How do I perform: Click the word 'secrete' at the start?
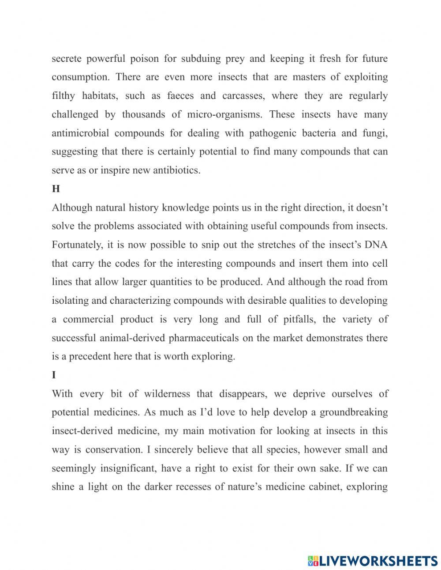(x=66, y=58)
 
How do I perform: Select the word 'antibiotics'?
(x=176, y=170)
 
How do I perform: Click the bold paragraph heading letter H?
(x=56, y=189)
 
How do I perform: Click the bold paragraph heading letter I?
(x=54, y=375)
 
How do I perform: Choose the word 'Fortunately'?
(x=77, y=245)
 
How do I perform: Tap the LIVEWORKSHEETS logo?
(x=373, y=560)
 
